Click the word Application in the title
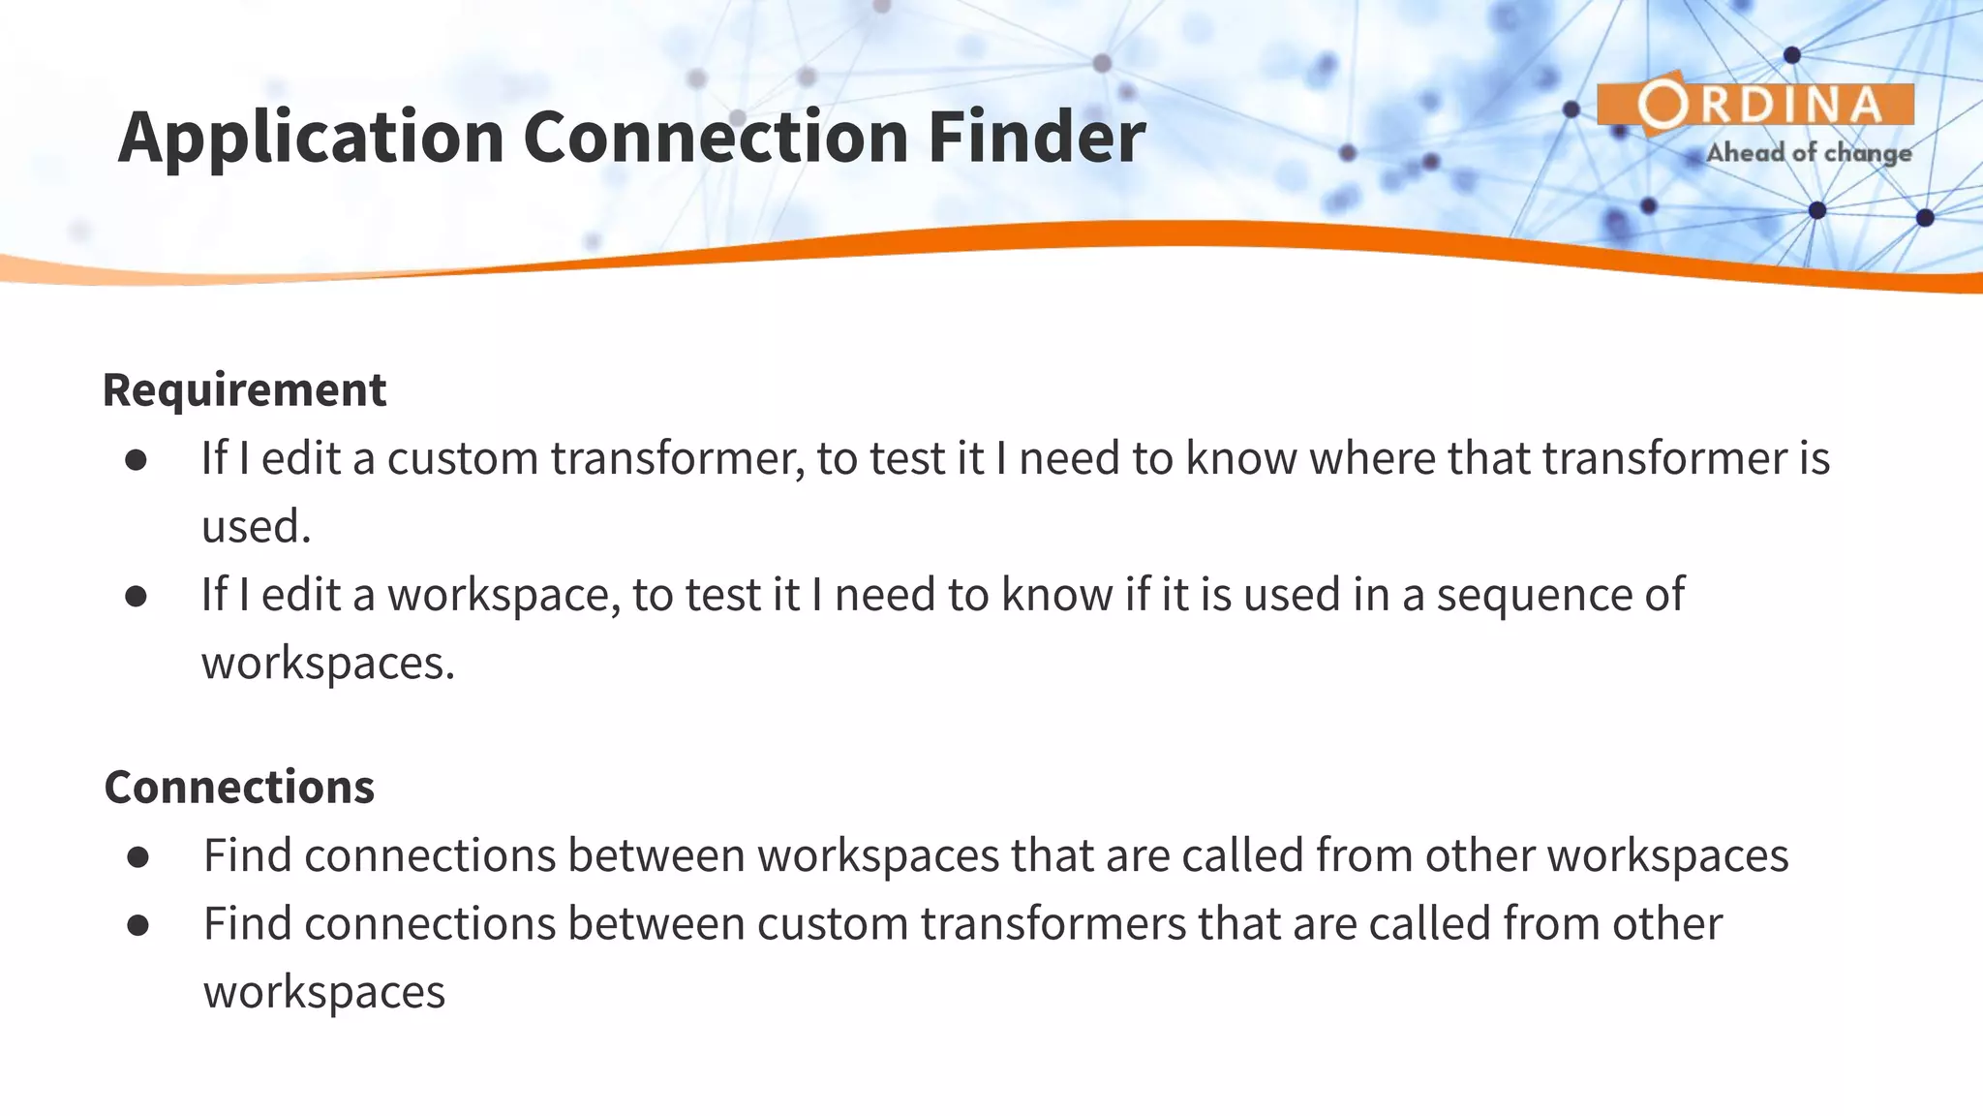311,138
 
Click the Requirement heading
244,389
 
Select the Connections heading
239,787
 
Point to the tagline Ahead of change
1809,153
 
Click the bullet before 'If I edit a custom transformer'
137,460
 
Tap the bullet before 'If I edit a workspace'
137,597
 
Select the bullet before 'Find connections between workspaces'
137,857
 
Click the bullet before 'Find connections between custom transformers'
137,925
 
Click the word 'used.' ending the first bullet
256,527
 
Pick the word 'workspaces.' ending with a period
327,664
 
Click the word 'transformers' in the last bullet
1053,924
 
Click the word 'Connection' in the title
717,138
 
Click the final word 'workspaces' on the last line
323,993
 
